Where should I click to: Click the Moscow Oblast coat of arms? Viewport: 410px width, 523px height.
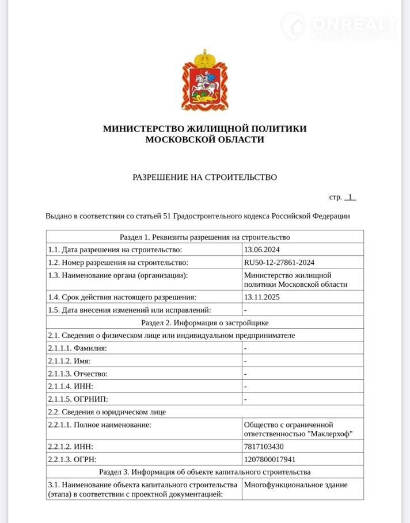(204, 80)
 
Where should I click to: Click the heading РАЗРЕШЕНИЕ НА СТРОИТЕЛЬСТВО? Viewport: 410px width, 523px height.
(204, 177)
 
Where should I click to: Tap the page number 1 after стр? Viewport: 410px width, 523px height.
(350, 197)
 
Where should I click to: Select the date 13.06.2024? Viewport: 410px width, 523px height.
(263, 249)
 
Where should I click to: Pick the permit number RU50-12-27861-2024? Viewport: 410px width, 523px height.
(279, 262)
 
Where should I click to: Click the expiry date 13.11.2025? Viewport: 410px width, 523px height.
(263, 297)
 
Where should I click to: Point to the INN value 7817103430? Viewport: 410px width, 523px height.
(264, 447)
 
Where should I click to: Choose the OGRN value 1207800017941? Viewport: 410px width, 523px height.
(269, 459)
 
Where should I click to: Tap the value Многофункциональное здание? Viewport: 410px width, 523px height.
(295, 484)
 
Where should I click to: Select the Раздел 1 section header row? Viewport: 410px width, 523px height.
(204, 237)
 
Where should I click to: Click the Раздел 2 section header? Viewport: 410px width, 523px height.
(204, 322)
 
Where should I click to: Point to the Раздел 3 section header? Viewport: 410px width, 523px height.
(204, 472)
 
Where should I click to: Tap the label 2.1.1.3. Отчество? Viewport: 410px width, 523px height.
(78, 374)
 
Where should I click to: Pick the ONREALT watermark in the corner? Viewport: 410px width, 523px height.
(346, 25)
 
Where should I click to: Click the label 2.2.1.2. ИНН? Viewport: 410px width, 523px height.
(70, 447)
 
